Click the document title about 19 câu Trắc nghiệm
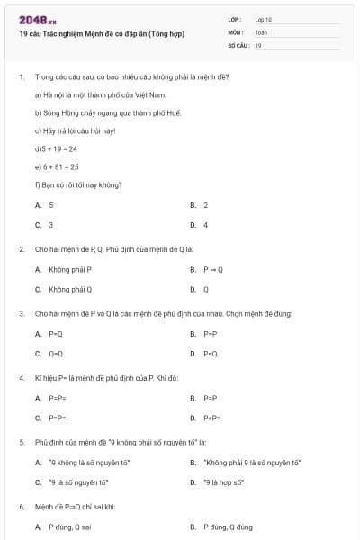tap(102, 34)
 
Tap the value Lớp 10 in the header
tap(264, 19)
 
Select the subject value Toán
tap(261, 32)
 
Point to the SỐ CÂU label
tap(237, 45)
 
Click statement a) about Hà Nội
tap(101, 94)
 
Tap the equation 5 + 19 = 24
tap(57, 148)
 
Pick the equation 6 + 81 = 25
tap(57, 166)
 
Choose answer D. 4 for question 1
tap(199, 225)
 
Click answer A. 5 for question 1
tap(44, 205)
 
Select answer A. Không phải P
tap(63, 269)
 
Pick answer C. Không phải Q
tap(64, 289)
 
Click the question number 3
tap(22, 313)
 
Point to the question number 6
tap(22, 507)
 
